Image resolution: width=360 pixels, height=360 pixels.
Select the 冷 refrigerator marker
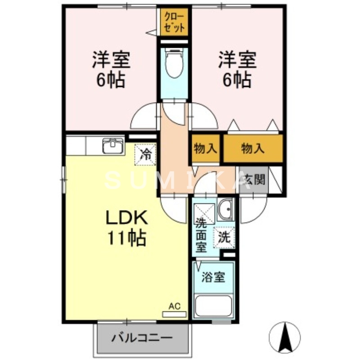tap(146, 154)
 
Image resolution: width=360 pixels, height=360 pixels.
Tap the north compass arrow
tap(284, 337)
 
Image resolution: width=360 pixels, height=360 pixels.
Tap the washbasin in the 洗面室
tap(225, 209)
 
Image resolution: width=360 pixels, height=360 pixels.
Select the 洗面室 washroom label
tap(201, 235)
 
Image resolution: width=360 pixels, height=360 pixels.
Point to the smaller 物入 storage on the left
tap(205, 148)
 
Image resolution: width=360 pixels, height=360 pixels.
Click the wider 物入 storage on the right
tap(253, 148)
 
